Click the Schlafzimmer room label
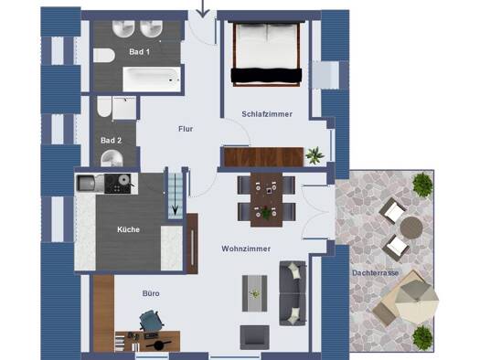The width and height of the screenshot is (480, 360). (267, 114)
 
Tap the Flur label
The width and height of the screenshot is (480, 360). (186, 129)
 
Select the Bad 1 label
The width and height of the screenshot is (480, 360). (140, 52)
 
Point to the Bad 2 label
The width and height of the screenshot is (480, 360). (112, 141)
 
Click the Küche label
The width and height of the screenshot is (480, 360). (128, 229)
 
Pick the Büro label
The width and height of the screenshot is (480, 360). (151, 293)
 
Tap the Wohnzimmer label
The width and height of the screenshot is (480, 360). (246, 249)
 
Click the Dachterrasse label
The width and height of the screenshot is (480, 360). (375, 273)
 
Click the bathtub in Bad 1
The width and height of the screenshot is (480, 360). (152, 79)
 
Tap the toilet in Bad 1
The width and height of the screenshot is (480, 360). (104, 56)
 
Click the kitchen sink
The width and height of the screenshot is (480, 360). (86, 184)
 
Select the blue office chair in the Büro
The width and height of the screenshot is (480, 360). (151, 320)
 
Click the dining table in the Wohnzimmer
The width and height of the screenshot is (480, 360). (266, 200)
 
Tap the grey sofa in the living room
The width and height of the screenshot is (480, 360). (293, 293)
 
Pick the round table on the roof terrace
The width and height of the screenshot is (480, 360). (411, 228)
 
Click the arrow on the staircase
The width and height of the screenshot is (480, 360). (176, 194)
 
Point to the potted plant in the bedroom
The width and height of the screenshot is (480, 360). (315, 154)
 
